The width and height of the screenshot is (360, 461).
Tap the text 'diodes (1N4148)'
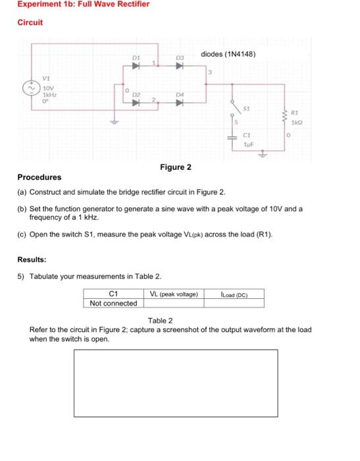point(228,53)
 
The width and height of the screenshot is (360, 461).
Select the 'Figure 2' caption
point(176,167)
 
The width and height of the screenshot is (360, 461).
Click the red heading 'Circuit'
point(30,22)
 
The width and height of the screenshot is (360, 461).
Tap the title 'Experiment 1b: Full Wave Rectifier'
point(74,5)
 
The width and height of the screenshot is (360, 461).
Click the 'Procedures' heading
point(39,177)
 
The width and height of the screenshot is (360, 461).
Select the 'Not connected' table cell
point(114,303)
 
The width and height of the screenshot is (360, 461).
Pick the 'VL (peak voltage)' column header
point(173,294)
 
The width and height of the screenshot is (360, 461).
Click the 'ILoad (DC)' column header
point(235,294)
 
